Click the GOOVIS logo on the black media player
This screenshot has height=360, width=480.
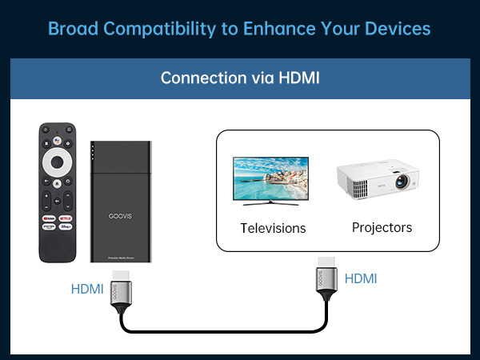click(121, 216)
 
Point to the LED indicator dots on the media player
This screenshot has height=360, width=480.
click(94, 152)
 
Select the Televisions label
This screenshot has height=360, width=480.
click(273, 228)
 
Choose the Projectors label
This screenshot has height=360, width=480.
click(382, 227)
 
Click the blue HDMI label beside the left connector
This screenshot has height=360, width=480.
click(87, 289)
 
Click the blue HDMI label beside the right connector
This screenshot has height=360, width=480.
click(360, 278)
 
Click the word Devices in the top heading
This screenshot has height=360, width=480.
click(398, 28)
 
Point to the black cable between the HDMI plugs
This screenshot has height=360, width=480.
click(224, 330)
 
